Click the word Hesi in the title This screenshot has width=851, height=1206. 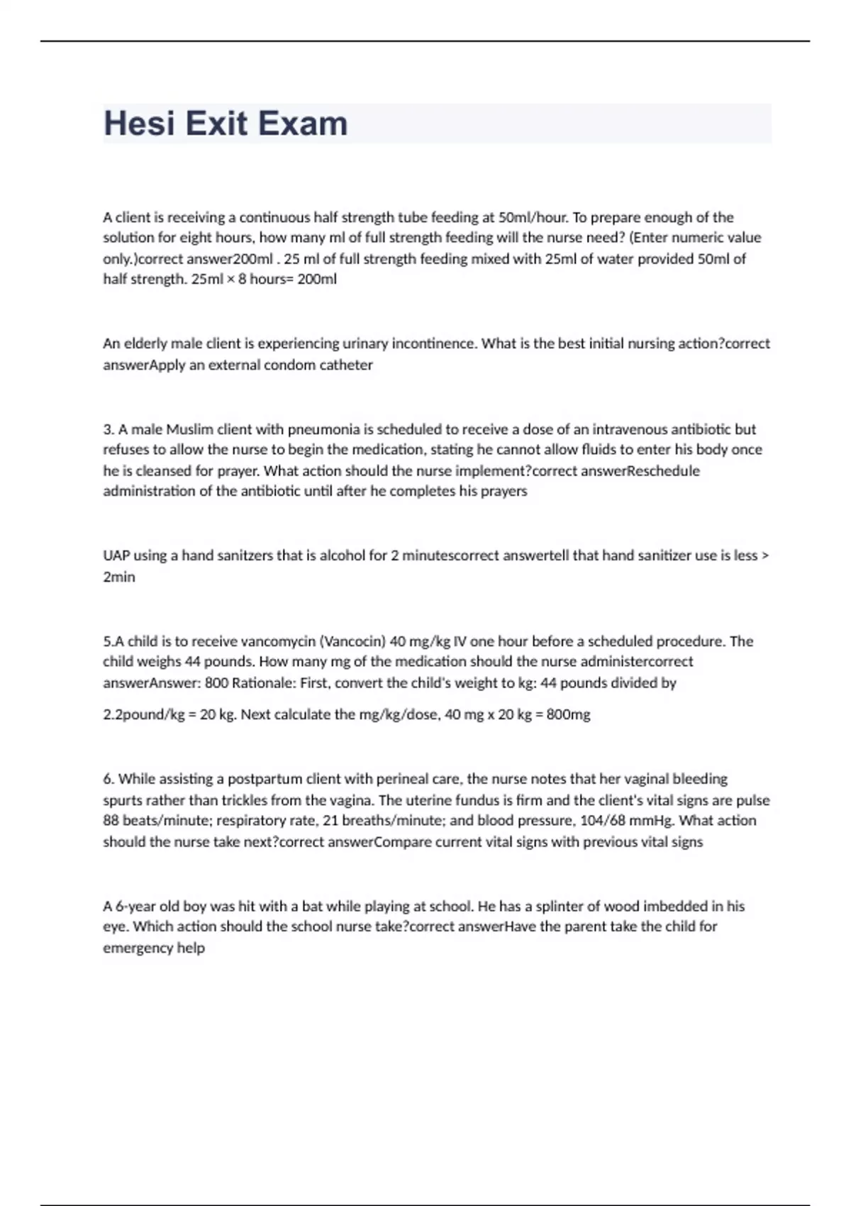[139, 123]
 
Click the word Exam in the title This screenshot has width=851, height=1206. [303, 123]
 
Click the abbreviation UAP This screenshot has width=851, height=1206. [116, 555]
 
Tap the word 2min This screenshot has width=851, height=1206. [119, 577]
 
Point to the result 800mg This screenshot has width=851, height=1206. [568, 714]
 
